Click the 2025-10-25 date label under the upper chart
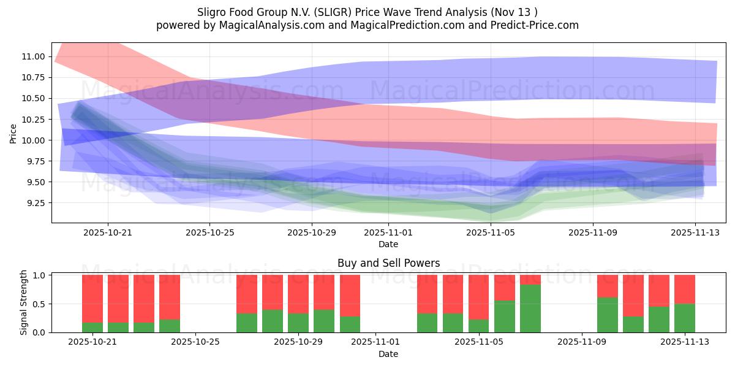tap(209, 232)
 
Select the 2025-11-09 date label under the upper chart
tap(592, 232)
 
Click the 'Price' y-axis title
tap(13, 132)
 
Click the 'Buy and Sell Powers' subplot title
tap(388, 263)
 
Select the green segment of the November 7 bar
tap(530, 308)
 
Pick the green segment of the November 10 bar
tap(608, 315)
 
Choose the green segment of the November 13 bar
tap(685, 318)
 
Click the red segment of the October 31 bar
tap(350, 296)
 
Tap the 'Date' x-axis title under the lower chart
tap(388, 354)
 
